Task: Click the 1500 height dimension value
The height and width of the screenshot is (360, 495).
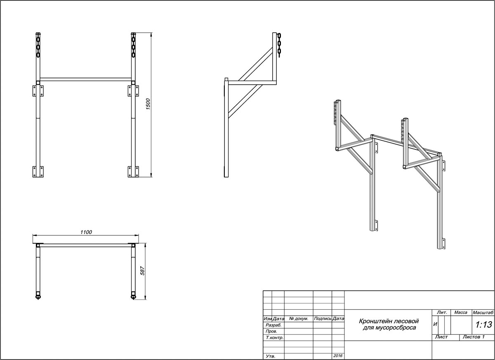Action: tap(148, 104)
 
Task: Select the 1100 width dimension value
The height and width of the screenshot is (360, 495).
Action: tap(86, 232)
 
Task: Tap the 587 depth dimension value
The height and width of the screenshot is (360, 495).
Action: tap(143, 271)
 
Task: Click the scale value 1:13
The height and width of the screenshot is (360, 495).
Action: tap(483, 324)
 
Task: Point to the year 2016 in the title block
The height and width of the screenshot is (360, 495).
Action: tap(338, 355)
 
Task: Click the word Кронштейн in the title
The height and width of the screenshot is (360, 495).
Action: tap(373, 321)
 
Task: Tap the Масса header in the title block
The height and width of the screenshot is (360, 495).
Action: tap(461, 313)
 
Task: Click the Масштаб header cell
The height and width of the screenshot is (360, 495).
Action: tap(483, 313)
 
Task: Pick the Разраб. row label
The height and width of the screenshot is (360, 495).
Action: tap(273, 325)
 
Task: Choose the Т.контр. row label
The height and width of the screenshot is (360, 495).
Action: tap(275, 338)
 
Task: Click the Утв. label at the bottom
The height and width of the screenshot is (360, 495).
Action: tap(271, 356)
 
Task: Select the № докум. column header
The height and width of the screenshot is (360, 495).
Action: tap(299, 319)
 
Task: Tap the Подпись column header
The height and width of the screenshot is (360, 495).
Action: tap(323, 319)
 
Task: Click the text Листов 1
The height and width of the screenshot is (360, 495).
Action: tap(474, 337)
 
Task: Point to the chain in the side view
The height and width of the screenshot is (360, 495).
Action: tap(279, 45)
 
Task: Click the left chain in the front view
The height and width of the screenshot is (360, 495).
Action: tap(38, 45)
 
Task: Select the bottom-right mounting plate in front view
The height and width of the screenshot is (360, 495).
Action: tap(133, 172)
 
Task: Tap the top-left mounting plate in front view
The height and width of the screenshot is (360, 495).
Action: tap(38, 91)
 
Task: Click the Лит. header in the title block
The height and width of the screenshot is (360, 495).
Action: tap(442, 313)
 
